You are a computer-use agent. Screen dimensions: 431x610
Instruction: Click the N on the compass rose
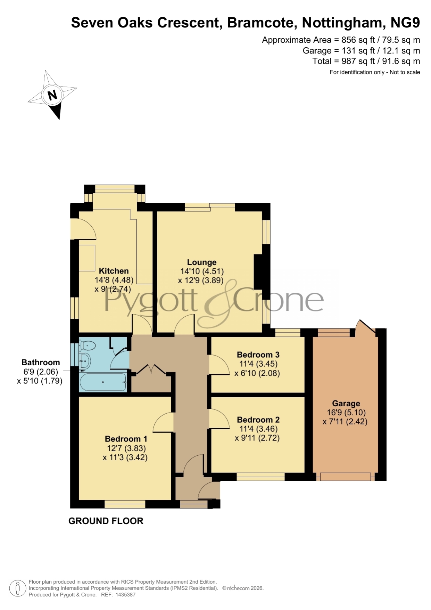coord(52,95)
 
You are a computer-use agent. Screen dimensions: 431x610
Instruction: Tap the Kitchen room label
coord(114,271)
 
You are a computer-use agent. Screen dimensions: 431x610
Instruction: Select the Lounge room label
coord(201,262)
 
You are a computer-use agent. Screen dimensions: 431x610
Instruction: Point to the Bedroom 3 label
coord(258,355)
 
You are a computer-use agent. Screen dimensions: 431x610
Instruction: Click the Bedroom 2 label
coord(258,420)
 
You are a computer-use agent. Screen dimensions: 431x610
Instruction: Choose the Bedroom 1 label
coord(126,439)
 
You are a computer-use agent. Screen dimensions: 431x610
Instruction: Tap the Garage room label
coord(346,404)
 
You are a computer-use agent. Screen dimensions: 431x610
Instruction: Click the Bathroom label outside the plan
coord(41,363)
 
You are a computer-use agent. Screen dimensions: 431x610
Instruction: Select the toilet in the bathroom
coord(88,346)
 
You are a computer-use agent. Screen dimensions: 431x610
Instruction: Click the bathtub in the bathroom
coord(103,382)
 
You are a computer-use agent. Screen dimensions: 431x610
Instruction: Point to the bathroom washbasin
coord(85,361)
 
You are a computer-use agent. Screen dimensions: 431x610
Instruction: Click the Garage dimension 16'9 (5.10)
coord(346,413)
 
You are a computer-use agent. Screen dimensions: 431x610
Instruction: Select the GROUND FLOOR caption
coord(106,521)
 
